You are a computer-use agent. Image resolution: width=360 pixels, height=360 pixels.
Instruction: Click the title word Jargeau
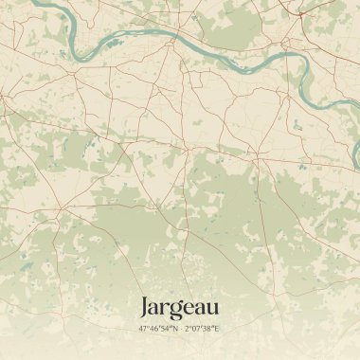point(179,308)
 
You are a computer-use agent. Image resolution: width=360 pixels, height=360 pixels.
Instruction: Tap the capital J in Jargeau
point(145,307)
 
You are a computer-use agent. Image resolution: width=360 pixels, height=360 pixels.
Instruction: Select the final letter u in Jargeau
point(212,309)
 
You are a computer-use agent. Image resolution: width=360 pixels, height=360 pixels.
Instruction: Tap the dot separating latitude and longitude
point(180,329)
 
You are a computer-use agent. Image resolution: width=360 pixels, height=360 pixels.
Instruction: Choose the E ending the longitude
point(218,329)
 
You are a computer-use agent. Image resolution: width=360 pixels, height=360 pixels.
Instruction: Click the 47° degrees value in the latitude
point(144,329)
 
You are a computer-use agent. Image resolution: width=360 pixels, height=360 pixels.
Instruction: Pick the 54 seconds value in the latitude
point(166,329)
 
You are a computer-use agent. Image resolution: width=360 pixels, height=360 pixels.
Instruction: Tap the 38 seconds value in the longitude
point(209,329)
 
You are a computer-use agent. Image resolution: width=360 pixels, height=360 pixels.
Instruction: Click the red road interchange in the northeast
point(299,14)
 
